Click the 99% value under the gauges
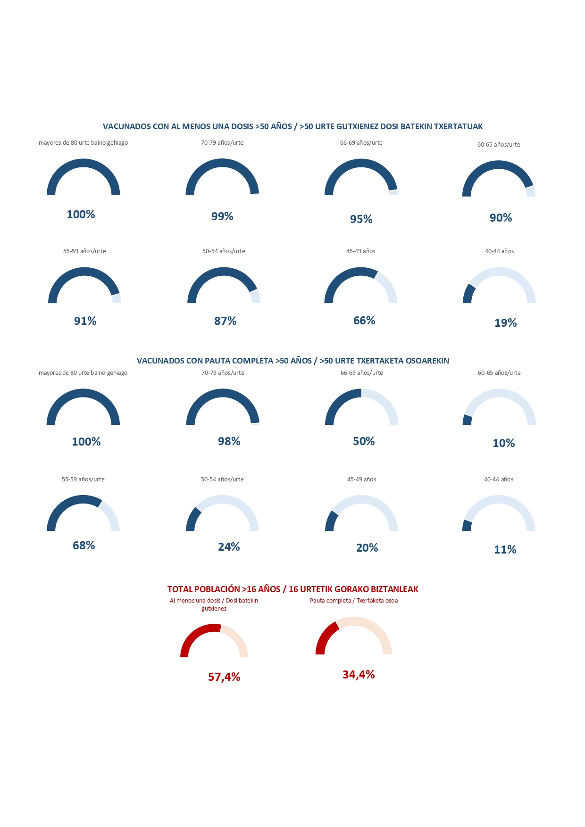222,216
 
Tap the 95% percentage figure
361,219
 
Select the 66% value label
364,321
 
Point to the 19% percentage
505,323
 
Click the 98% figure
229,441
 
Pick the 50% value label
364,441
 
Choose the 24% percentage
229,547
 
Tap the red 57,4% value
224,677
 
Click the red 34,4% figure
359,675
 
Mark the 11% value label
505,550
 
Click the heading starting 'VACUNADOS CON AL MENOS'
292,126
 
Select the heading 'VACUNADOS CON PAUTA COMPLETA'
292,361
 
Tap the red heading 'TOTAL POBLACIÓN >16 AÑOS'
292,589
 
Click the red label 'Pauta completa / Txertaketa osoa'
354,601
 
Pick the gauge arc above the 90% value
499,165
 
